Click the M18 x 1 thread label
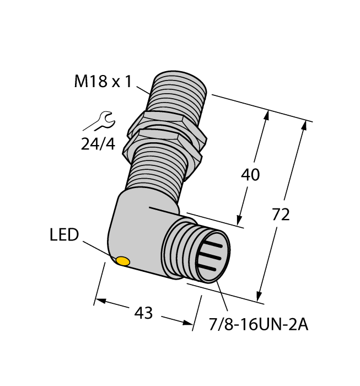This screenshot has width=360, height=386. pyautogui.click(x=103, y=82)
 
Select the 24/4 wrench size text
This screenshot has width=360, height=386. pyautogui.click(x=98, y=144)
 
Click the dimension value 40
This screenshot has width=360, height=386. pyautogui.click(x=251, y=175)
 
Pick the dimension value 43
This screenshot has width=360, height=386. pyautogui.click(x=143, y=313)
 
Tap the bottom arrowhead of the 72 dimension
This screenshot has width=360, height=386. pyautogui.click(x=260, y=297)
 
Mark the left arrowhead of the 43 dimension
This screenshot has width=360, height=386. pyautogui.click(x=98, y=301)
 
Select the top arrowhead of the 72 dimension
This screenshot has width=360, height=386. pyautogui.click(x=303, y=125)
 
